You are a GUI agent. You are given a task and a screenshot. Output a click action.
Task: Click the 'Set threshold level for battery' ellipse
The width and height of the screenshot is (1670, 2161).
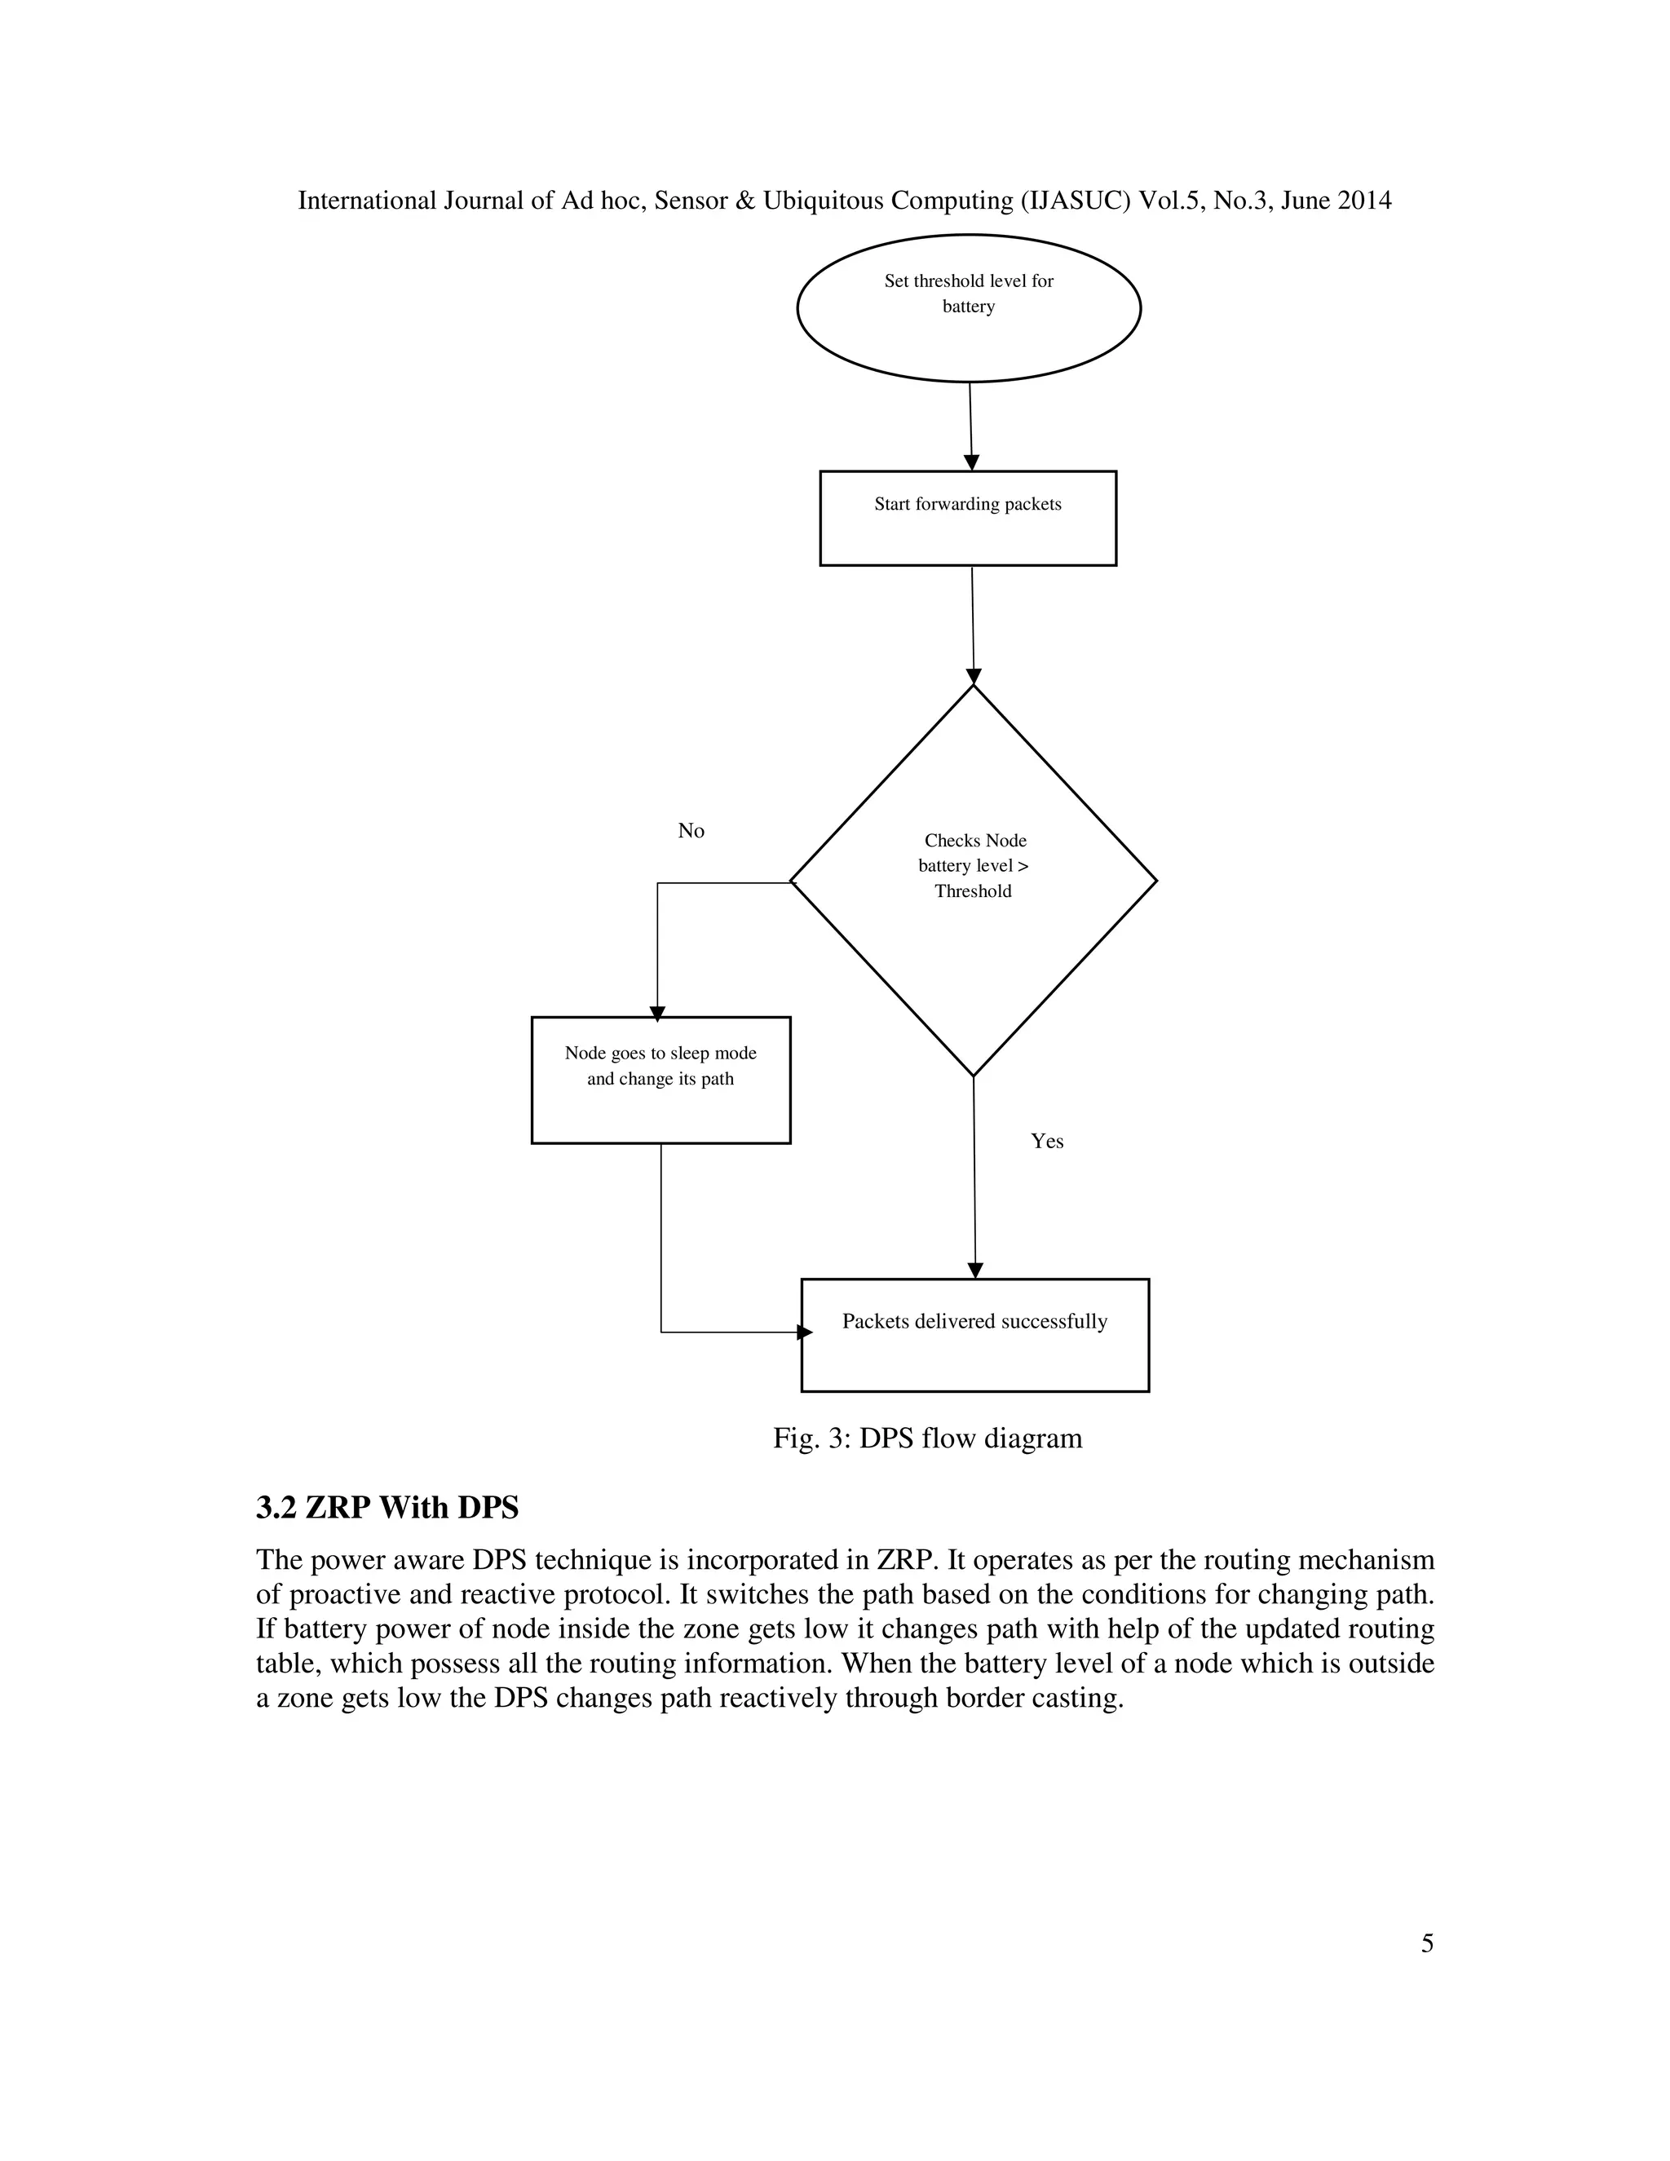click(x=969, y=307)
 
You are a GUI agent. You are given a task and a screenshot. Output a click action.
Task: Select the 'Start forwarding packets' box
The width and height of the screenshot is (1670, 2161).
click(x=968, y=518)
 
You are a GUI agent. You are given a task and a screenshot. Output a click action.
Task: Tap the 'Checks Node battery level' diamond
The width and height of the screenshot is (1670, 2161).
click(x=974, y=880)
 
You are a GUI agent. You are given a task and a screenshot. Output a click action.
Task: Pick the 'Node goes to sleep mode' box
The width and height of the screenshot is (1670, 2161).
click(x=660, y=1080)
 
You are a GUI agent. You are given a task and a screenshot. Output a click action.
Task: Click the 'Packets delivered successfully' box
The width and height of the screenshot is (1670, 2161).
click(x=974, y=1335)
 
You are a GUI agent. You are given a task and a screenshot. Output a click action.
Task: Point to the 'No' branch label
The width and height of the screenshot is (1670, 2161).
click(x=691, y=831)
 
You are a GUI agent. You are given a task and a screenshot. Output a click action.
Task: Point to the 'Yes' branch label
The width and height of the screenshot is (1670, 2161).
click(x=1047, y=1141)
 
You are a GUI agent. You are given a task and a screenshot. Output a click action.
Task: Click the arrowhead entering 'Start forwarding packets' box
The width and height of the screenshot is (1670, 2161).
click(x=971, y=462)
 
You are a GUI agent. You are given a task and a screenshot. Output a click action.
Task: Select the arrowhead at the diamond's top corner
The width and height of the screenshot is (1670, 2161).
click(x=974, y=676)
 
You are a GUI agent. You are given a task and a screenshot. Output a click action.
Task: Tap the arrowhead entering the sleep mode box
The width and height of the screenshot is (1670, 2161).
click(x=658, y=1013)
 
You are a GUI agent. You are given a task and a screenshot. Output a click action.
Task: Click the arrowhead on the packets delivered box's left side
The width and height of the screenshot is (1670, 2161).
click(x=804, y=1332)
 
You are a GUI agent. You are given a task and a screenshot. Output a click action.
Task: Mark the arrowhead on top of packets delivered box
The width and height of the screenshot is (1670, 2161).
click(x=975, y=1271)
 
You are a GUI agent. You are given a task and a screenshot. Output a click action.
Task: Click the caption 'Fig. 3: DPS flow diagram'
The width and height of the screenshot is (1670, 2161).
click(x=927, y=1438)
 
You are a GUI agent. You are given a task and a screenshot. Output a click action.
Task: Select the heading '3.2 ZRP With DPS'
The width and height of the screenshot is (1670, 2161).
click(x=387, y=1507)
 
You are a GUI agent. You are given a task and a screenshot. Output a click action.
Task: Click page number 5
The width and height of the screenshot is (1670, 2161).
click(x=1427, y=1943)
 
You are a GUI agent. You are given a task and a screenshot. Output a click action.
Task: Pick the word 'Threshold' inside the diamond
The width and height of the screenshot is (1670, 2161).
click(x=973, y=891)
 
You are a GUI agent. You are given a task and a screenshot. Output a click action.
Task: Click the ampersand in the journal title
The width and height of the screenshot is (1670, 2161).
click(x=745, y=201)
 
